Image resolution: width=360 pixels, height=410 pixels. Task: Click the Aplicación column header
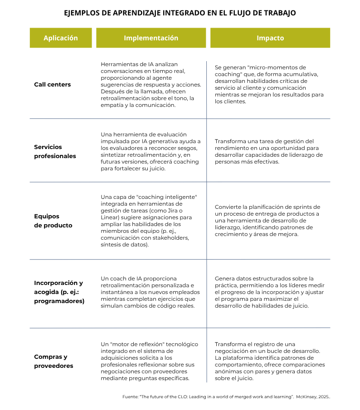tap(60, 38)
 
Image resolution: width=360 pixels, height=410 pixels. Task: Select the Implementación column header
tap(151, 38)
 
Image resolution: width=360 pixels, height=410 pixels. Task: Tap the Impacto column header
tap(270, 38)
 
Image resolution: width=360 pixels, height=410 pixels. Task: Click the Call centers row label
tap(53, 85)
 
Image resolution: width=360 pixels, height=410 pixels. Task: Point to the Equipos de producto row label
tap(53, 221)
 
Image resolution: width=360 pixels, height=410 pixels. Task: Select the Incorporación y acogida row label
tap(59, 292)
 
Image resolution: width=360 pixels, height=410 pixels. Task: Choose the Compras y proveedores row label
tap(54, 361)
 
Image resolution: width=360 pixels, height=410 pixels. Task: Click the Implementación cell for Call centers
tap(151, 85)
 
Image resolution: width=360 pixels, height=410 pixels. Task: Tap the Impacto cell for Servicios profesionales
tap(268, 151)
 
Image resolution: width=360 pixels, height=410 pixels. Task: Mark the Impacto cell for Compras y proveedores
tap(270, 361)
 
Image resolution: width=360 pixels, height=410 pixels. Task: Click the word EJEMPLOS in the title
tap(83, 13)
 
